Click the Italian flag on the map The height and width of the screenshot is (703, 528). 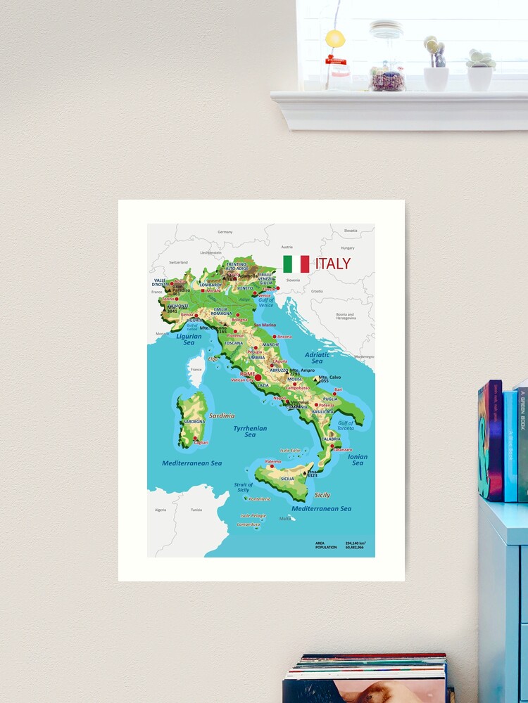tap(296, 264)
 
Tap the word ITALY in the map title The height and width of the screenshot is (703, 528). tap(333, 264)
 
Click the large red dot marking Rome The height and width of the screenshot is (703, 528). tap(258, 378)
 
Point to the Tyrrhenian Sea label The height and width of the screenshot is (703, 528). tap(250, 432)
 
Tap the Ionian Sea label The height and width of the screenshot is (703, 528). tap(358, 460)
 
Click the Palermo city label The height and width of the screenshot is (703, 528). tap(273, 462)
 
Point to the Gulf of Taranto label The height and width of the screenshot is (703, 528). tap(346, 425)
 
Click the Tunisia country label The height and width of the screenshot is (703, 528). tap(196, 510)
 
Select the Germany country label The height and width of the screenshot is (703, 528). tap(225, 231)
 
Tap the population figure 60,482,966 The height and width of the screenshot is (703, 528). tap(355, 547)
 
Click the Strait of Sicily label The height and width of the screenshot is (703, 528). tap(244, 487)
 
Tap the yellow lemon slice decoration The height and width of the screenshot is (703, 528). tap(335, 38)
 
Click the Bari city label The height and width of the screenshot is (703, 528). tap(339, 389)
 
